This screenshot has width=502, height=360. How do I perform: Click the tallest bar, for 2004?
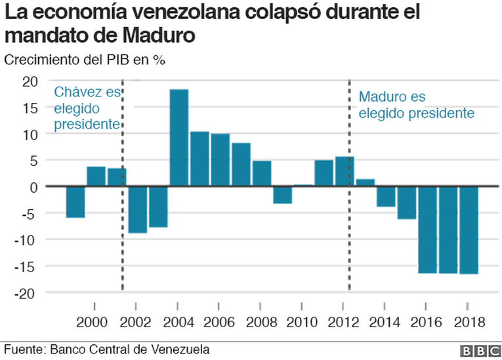179,138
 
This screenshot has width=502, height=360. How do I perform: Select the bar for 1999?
75,202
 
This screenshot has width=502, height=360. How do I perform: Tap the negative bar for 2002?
138,210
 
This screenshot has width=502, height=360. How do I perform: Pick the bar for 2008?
262,174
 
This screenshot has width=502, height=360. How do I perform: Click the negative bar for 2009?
283,195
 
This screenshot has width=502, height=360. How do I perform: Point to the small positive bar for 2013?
366,183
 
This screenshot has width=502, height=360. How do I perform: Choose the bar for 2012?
344,172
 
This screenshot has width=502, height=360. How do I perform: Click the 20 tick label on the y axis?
30,81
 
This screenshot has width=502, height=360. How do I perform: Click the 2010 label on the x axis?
303,322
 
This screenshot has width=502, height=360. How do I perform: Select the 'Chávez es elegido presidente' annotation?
87,108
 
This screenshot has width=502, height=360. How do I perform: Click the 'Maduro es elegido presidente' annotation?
416,105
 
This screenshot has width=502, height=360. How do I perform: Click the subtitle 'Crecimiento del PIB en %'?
85,60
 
